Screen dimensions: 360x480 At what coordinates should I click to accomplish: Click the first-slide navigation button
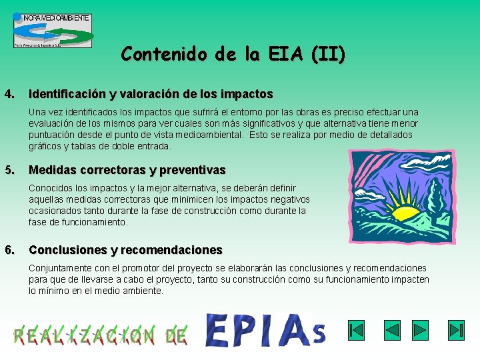[357, 330]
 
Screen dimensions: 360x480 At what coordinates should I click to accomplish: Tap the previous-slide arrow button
[392, 330]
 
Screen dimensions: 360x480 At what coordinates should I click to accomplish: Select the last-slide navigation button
[455, 330]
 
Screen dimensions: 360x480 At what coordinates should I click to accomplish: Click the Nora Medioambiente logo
[53, 30]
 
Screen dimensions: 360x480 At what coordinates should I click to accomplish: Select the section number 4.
[9, 94]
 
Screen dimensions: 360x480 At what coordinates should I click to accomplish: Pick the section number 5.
[9, 170]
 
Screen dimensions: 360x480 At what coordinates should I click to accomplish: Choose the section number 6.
[9, 250]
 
